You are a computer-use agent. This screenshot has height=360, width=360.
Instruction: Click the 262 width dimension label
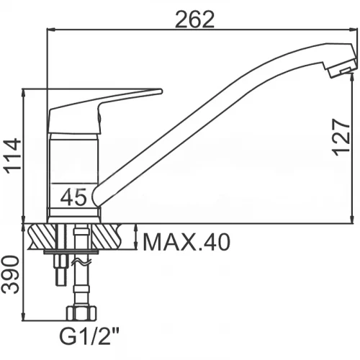[194, 19]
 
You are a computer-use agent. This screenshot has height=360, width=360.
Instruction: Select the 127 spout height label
[341, 138]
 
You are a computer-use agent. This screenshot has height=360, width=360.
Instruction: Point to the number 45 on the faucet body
[73, 197]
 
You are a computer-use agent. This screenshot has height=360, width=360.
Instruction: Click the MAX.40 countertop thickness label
[186, 243]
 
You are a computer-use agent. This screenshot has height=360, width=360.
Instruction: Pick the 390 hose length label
[10, 274]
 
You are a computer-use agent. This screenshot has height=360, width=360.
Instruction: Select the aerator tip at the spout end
[342, 69]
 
